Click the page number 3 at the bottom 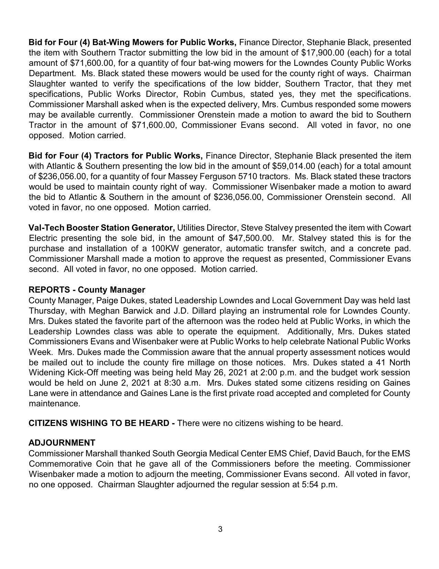coord(220,529)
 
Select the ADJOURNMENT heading coord(62,443)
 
